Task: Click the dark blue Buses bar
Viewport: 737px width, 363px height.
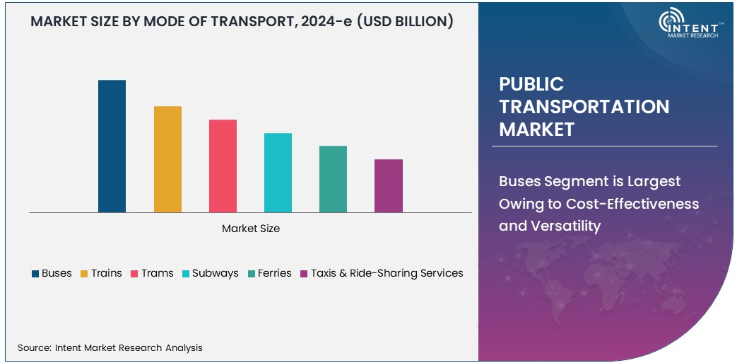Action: click(x=112, y=146)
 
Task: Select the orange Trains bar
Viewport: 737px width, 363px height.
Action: click(x=167, y=159)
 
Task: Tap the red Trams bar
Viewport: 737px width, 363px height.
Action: click(x=223, y=166)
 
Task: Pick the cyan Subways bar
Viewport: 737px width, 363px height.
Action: click(x=278, y=173)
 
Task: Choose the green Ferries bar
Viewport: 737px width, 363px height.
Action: click(x=333, y=179)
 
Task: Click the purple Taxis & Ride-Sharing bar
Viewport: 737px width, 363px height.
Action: click(x=388, y=185)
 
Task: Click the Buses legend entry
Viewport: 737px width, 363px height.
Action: click(x=52, y=273)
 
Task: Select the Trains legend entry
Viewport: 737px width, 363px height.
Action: click(x=101, y=273)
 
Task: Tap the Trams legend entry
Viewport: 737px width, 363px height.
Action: click(x=152, y=273)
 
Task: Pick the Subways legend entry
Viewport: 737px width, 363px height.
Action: click(x=211, y=273)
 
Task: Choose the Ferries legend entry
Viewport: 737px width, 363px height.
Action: click(x=270, y=273)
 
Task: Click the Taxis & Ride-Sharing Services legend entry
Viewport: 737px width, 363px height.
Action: click(x=382, y=273)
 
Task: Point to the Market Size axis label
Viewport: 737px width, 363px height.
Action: click(x=251, y=229)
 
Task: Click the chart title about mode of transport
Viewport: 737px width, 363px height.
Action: click(x=242, y=22)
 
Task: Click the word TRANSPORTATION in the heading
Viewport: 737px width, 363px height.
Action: click(x=584, y=107)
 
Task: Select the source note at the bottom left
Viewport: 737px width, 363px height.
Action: click(x=110, y=347)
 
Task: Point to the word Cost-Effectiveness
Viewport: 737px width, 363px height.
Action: click(x=632, y=204)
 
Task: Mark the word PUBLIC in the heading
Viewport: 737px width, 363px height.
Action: click(x=531, y=84)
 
